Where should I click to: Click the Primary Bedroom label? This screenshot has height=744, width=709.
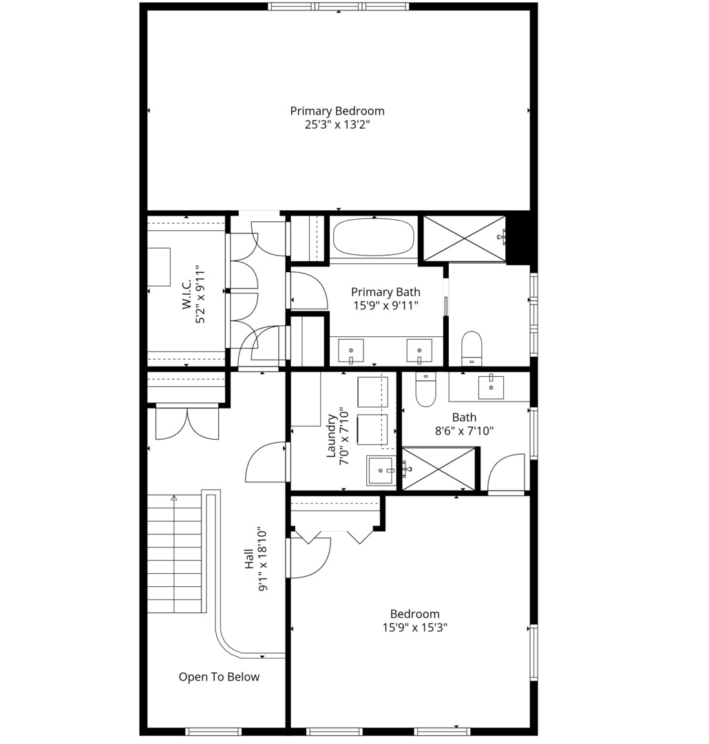337,111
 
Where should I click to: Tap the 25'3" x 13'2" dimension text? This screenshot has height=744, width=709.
337,125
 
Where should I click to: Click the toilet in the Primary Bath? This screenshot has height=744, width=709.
472,349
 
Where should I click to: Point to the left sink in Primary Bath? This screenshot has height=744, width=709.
351,351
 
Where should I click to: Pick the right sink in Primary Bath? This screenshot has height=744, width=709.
419,351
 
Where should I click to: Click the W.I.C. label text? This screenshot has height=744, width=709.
187,294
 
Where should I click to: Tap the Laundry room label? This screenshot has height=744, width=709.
331,436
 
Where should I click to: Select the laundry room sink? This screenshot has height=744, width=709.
381,471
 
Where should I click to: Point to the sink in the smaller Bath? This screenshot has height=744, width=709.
491,386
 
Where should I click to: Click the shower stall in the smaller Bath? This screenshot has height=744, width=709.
438,469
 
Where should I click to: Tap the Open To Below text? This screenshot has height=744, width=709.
219,676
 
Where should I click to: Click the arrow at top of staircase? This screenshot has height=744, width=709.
174,498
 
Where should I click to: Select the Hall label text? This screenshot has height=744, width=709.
249,559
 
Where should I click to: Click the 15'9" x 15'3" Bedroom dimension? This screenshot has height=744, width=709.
415,628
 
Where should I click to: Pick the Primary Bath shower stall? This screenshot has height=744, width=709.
464,238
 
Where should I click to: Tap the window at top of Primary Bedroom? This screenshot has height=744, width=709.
338,6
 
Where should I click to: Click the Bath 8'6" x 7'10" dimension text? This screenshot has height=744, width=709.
464,431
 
